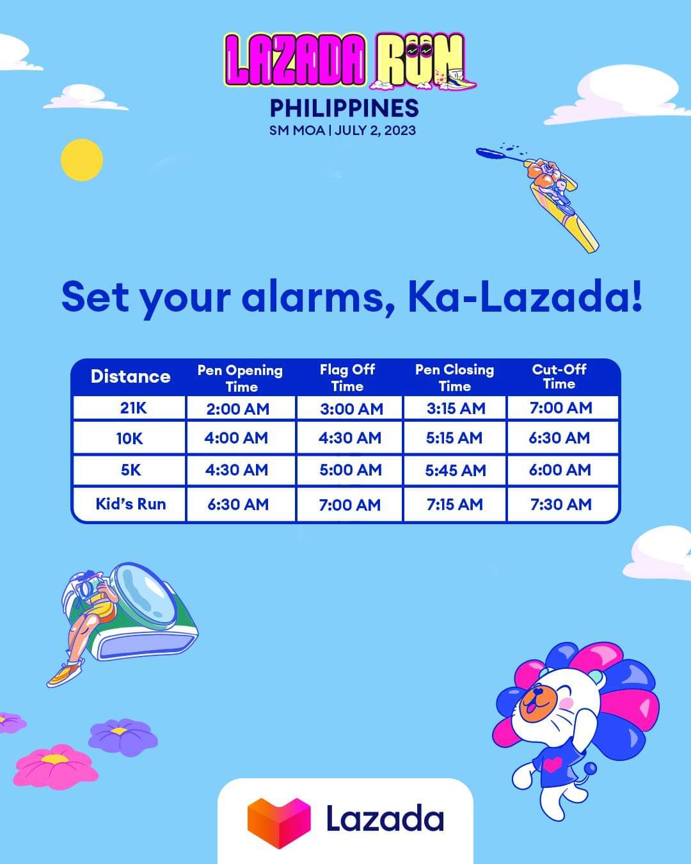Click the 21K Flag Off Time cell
tap(351, 408)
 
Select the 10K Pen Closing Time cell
tap(454, 438)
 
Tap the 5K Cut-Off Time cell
tap(560, 470)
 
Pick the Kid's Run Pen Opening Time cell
tap(237, 504)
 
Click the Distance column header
tap(131, 376)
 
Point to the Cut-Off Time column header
tap(559, 376)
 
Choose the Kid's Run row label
tap(131, 504)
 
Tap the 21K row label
tap(132, 408)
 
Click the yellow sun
tap(82, 160)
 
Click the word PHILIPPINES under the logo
tap(344, 108)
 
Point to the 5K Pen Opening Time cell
tap(236, 470)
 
